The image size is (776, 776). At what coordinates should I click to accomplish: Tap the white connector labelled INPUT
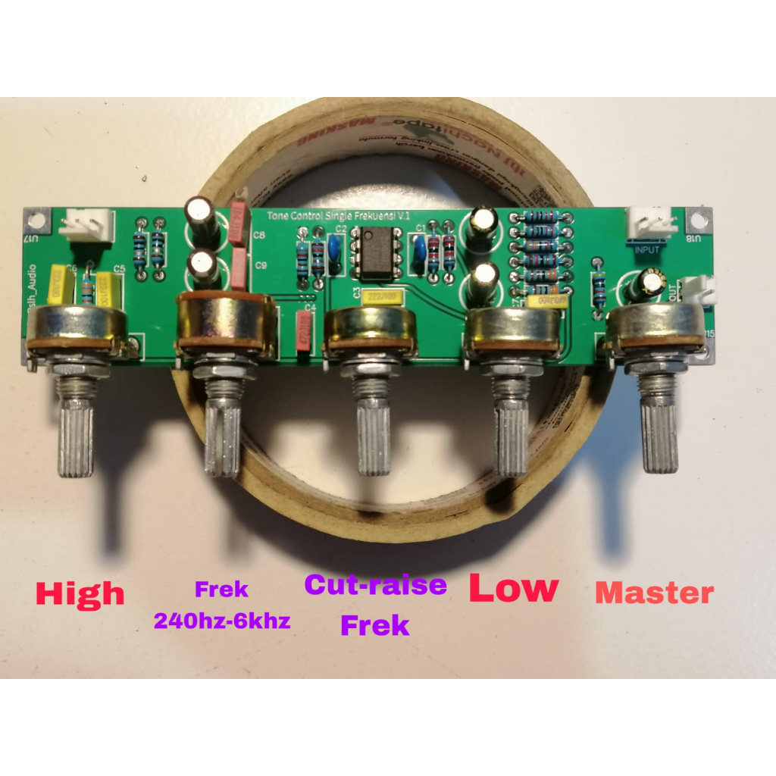click(x=650, y=223)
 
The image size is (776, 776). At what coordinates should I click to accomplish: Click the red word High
click(x=80, y=593)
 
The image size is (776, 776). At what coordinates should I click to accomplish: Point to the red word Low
click(x=514, y=588)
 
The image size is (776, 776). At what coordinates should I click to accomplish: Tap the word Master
click(x=654, y=593)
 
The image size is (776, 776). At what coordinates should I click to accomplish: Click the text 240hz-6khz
click(x=222, y=621)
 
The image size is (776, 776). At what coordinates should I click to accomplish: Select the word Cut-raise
click(x=375, y=585)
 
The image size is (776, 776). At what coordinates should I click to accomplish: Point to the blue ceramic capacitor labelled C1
click(x=418, y=250)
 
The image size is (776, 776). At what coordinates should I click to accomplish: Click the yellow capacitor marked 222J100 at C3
click(x=383, y=298)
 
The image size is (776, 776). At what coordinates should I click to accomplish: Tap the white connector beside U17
click(x=86, y=224)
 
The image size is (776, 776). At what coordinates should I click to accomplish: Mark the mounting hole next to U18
click(x=697, y=221)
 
